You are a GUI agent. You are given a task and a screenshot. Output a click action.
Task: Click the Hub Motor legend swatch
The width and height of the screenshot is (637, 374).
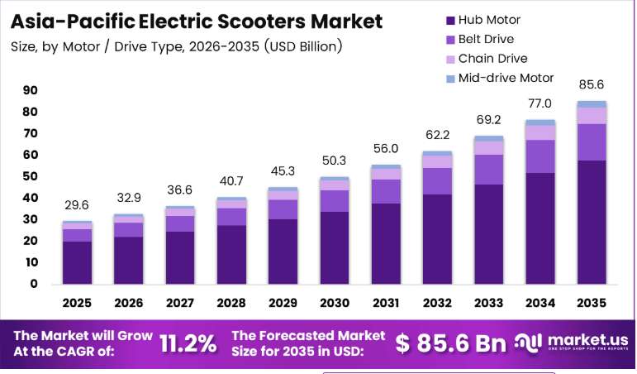click(450, 21)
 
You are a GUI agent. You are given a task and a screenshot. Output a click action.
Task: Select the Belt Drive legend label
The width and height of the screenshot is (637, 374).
click(486, 39)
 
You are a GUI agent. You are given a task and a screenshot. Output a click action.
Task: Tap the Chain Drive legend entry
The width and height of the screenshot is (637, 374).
click(487, 59)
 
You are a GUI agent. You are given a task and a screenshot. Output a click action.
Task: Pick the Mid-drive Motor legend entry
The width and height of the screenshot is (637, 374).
click(500, 78)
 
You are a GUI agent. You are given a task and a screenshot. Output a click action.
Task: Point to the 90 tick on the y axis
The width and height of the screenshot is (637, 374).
click(30, 90)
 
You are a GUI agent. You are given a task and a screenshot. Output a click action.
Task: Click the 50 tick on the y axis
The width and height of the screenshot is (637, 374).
click(30, 176)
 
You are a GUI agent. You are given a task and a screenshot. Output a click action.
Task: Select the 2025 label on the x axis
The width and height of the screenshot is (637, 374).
click(77, 303)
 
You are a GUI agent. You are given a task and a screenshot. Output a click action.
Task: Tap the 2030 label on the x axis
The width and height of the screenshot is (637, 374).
click(335, 303)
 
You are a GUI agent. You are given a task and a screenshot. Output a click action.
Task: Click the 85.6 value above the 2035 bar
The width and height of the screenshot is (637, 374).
click(591, 84)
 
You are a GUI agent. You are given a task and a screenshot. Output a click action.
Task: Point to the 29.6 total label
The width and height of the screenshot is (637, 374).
click(77, 205)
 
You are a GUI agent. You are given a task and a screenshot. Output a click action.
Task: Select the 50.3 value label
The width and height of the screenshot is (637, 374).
click(334, 161)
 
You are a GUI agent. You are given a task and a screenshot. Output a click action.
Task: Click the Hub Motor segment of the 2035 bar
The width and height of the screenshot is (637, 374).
click(592, 223)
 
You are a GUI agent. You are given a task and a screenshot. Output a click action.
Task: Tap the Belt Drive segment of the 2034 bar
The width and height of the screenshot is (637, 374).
click(540, 156)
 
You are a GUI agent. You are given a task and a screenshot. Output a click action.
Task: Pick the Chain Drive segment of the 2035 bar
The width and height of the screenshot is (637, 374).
click(592, 116)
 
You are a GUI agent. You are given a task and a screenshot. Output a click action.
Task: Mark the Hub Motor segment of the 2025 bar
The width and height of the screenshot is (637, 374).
click(77, 262)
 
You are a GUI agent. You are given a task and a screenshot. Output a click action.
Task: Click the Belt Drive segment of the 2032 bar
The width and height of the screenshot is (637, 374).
click(437, 181)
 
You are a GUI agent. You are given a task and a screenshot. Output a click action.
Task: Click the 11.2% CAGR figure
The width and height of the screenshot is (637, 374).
click(188, 344)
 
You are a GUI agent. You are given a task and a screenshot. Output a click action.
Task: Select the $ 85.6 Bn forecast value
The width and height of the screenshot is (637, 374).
click(450, 343)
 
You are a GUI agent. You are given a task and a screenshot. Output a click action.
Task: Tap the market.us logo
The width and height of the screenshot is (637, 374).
click(571, 343)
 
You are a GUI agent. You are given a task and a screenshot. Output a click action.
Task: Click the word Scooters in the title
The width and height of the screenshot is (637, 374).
click(261, 22)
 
